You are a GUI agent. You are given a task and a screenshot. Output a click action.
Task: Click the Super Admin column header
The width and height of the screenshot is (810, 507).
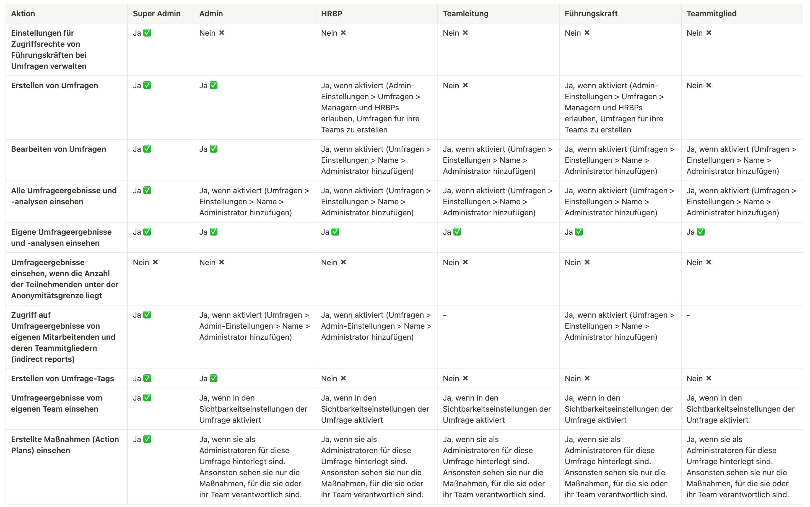(x=156, y=14)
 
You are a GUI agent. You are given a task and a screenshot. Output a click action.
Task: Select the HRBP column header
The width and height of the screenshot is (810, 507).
(x=331, y=14)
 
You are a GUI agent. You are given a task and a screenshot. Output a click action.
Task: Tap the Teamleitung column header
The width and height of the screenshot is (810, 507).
(x=465, y=14)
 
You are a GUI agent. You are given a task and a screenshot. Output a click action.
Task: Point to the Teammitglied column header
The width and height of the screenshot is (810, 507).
(x=711, y=14)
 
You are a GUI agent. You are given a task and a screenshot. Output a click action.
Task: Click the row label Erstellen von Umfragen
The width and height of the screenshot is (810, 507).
(x=54, y=85)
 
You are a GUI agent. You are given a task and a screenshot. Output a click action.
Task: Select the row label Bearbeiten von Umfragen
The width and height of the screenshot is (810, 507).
(x=58, y=149)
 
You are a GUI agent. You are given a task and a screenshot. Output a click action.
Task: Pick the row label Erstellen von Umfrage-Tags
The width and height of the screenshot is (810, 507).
(x=63, y=378)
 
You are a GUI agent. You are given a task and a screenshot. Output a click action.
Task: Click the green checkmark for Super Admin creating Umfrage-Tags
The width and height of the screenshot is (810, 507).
(x=147, y=378)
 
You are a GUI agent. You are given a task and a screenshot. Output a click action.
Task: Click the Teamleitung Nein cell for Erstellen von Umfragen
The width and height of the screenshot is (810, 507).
(x=455, y=85)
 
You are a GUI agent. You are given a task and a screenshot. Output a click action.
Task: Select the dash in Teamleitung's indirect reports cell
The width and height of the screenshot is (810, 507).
(x=445, y=315)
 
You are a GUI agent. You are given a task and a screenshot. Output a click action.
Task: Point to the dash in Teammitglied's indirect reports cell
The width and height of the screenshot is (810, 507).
(x=688, y=315)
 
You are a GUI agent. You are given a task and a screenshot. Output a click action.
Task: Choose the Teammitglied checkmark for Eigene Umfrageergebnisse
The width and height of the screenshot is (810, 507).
(x=701, y=232)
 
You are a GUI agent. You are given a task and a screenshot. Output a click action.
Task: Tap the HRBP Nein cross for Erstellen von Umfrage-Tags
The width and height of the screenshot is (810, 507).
(x=343, y=378)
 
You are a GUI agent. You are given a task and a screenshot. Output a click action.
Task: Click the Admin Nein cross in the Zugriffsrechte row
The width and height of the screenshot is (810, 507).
(x=222, y=33)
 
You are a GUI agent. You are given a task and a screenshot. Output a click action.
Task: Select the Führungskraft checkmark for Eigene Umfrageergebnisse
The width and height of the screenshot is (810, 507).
(x=579, y=232)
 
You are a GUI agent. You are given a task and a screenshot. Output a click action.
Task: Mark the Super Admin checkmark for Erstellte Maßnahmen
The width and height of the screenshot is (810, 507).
(x=147, y=439)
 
